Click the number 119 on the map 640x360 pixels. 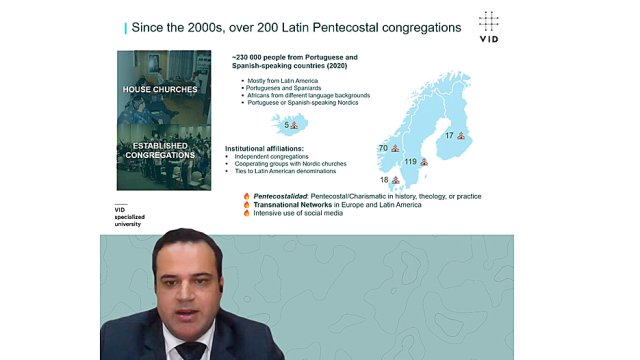point(410,161)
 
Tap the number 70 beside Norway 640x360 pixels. point(383,149)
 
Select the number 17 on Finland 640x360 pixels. point(449,135)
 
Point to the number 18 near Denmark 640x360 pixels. point(384,180)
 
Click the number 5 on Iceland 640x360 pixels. point(286,125)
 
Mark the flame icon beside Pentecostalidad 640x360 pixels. point(246,196)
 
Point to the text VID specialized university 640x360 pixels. point(128,216)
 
